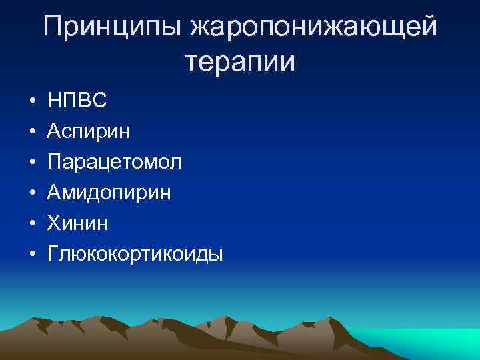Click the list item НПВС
[77, 101]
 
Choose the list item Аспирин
[89, 132]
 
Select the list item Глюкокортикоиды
[135, 255]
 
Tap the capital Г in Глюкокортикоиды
[53, 253]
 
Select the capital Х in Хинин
[53, 223]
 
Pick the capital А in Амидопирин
[54, 193]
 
